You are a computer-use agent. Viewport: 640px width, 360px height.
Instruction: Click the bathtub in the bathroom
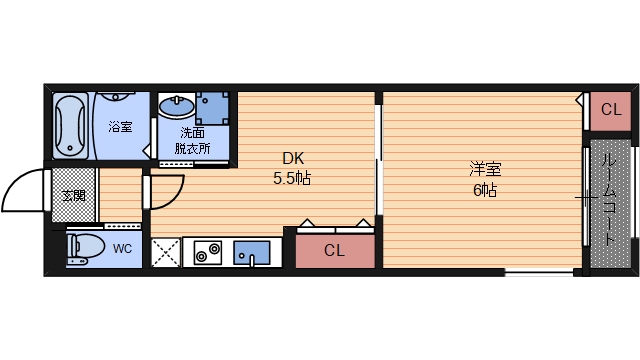[71, 127]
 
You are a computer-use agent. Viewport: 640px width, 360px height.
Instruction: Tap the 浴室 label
[120, 127]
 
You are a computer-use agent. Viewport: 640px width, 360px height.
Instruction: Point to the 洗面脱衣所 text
[193, 141]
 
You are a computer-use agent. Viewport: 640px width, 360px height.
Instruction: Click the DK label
[292, 158]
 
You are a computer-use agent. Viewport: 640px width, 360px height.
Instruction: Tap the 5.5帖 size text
[292, 179]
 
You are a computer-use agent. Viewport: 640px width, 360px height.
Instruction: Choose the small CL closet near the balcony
[610, 110]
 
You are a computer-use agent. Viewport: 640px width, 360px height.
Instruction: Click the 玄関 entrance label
[72, 195]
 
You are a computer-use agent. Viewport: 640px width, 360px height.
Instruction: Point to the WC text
[122, 248]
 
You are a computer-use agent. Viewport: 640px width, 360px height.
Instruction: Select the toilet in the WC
[84, 247]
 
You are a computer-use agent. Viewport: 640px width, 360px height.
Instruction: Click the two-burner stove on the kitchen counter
[208, 252]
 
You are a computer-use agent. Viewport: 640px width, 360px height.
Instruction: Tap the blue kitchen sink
[252, 252]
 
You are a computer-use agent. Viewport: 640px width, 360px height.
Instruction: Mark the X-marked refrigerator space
[163, 251]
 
